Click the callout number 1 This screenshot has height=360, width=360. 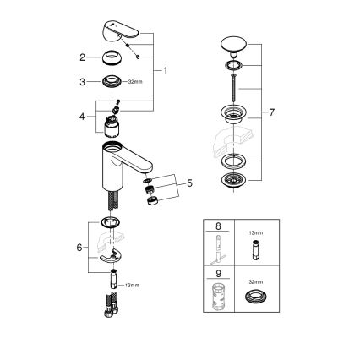164,70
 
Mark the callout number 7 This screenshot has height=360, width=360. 270,113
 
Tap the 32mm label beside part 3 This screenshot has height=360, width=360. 132,83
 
